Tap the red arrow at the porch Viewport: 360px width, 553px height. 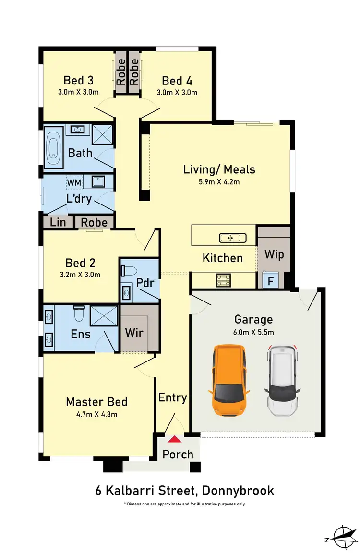pyautogui.click(x=174, y=438)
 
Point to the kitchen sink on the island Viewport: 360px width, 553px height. pyautogui.click(x=233, y=238)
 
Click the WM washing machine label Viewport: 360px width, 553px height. pyautogui.click(x=74, y=183)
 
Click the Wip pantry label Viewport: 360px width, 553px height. pyautogui.click(x=274, y=254)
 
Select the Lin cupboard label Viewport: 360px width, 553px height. pyautogui.click(x=58, y=222)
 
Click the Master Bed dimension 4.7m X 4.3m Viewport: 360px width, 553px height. pyautogui.click(x=96, y=414)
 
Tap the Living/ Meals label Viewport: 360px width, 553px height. pyautogui.click(x=219, y=169)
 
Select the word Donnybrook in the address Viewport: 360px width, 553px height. pyautogui.click(x=238, y=491)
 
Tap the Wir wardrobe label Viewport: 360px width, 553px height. pyautogui.click(x=134, y=332)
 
